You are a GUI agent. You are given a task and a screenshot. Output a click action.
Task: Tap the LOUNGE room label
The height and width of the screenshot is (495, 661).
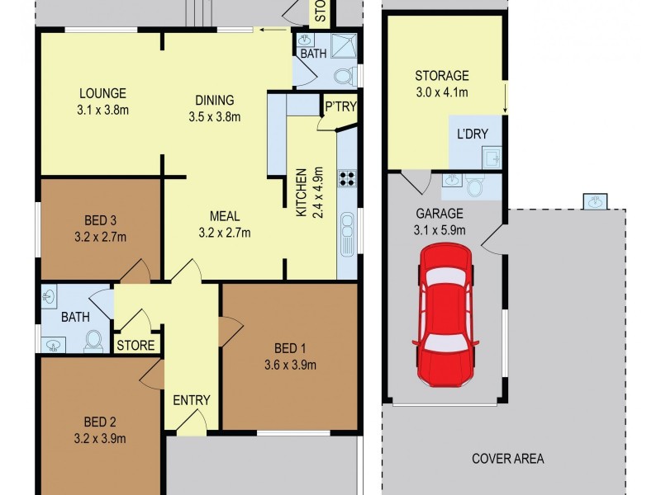(102, 93)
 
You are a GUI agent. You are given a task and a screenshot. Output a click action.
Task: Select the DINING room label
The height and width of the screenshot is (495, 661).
(214, 101)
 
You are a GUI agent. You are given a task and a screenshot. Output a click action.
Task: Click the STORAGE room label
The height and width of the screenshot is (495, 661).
(441, 76)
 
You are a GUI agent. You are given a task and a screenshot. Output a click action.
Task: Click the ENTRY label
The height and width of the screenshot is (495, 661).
(191, 401)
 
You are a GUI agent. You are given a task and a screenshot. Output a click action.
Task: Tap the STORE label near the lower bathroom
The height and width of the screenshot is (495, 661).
(136, 345)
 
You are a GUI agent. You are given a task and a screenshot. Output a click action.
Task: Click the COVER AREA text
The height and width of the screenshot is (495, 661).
(507, 459)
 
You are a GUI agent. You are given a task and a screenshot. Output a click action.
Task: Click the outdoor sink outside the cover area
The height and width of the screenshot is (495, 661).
(593, 200)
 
